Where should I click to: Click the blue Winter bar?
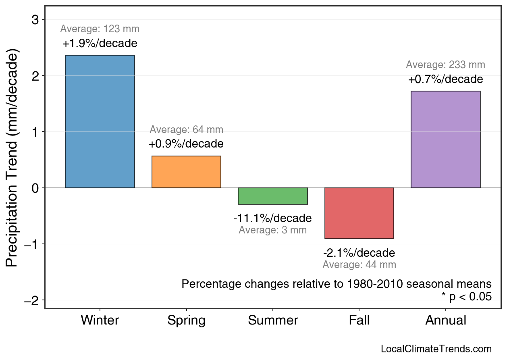click(x=100, y=121)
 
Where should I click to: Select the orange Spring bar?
click(x=186, y=172)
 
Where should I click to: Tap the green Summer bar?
click(x=273, y=196)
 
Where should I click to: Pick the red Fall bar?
click(x=359, y=213)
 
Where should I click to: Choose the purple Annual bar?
click(x=445, y=139)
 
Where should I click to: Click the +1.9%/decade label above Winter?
click(x=100, y=44)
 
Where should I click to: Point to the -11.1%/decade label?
click(x=272, y=218)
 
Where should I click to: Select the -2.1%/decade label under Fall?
click(x=359, y=253)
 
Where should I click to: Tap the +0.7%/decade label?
click(x=445, y=79)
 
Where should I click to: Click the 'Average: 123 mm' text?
click(x=100, y=29)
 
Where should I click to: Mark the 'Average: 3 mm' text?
click(x=272, y=231)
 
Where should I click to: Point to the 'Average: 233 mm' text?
click(x=445, y=65)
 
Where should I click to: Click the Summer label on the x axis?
click(x=273, y=320)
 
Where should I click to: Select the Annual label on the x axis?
click(x=445, y=320)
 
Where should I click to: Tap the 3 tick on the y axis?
click(x=35, y=19)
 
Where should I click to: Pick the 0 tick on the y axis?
click(x=35, y=188)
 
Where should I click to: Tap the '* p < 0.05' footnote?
click(x=466, y=297)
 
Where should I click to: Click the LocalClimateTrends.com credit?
click(x=436, y=349)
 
